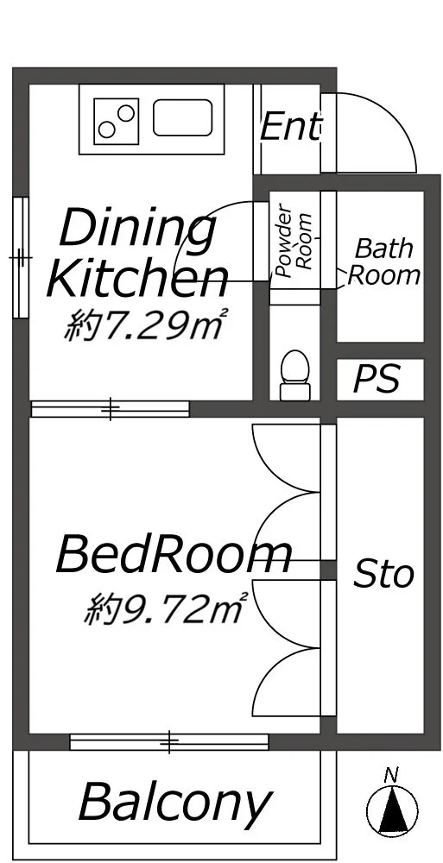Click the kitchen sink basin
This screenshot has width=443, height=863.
coord(182,117)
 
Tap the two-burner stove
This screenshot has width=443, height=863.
coord(116,121)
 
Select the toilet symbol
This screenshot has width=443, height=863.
coord(294,375)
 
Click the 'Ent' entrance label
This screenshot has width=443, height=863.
coord(290,127)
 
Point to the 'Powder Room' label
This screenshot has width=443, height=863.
coord(294,240)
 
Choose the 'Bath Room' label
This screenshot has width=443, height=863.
coord(384,261)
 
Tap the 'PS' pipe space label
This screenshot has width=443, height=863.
coord(377,379)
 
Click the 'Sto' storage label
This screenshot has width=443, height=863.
coord(383,574)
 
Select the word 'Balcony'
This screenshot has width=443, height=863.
coord(175,803)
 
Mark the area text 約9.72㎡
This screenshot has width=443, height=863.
coord(165,608)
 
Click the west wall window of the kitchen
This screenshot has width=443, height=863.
coord(21,257)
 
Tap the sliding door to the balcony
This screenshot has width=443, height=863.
coord(169,741)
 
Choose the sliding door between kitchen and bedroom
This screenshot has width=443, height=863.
coord(111,408)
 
